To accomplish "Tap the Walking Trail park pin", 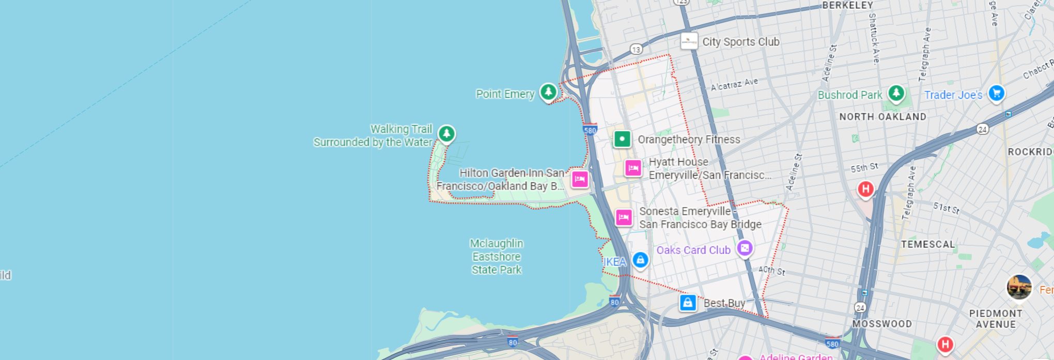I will click(446, 133).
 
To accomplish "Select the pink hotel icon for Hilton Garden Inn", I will click(580, 179).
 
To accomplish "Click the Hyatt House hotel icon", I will click(633, 168).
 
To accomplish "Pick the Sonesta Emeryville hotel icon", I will click(624, 217).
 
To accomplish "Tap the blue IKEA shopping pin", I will click(640, 260).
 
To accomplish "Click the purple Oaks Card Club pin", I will click(745, 248).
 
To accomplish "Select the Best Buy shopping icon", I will click(688, 303).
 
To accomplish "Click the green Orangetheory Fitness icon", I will click(622, 139).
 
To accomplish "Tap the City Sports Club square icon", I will click(689, 41).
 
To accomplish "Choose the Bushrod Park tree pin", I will click(896, 93).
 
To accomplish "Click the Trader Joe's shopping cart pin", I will click(996, 93).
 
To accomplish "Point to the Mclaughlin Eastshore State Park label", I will click(497, 256).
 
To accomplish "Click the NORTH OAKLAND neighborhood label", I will click(882, 117).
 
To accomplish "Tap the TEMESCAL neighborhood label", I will click(928, 244).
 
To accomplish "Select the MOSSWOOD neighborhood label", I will click(882, 324).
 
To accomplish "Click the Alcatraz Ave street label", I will click(734, 84).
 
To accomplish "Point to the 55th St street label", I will click(864, 167).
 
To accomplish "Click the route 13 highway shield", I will click(636, 49).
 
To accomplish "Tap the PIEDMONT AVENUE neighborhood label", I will click(996, 319).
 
